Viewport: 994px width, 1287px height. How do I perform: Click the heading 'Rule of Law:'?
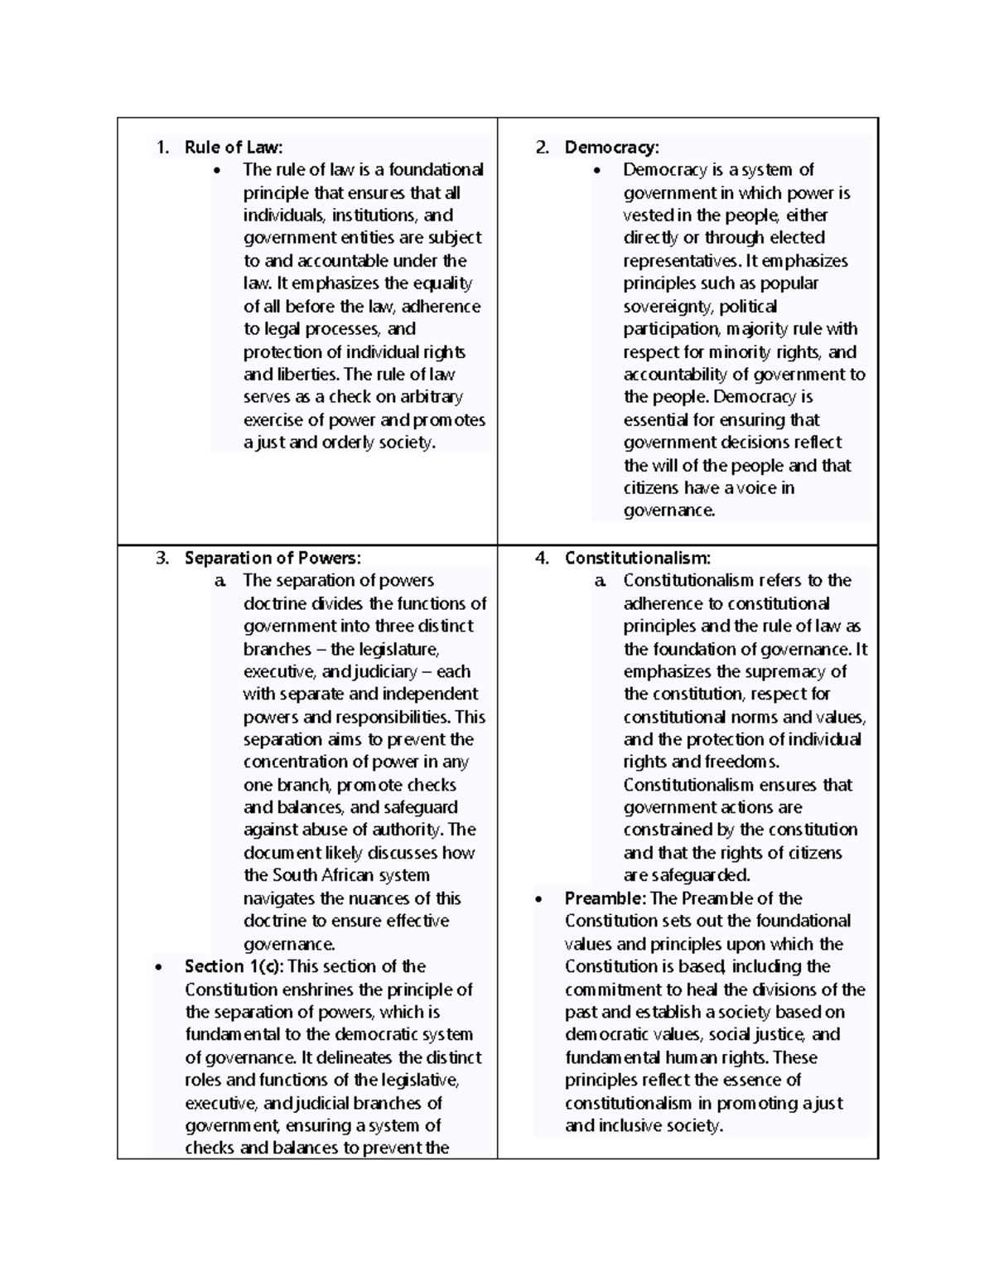point(234,148)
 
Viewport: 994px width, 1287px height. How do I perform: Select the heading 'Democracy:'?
point(611,148)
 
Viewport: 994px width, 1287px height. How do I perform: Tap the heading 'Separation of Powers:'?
point(273,558)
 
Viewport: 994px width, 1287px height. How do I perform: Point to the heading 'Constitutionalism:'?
point(637,558)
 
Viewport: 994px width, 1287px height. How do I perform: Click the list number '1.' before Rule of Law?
point(162,148)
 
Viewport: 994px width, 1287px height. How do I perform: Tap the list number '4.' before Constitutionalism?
point(543,558)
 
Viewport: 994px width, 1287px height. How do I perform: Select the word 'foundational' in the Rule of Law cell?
point(436,170)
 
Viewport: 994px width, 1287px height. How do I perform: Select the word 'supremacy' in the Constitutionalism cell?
point(786,672)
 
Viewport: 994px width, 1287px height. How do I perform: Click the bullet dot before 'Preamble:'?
point(540,899)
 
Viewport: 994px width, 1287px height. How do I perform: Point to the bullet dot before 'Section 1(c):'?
point(160,967)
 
